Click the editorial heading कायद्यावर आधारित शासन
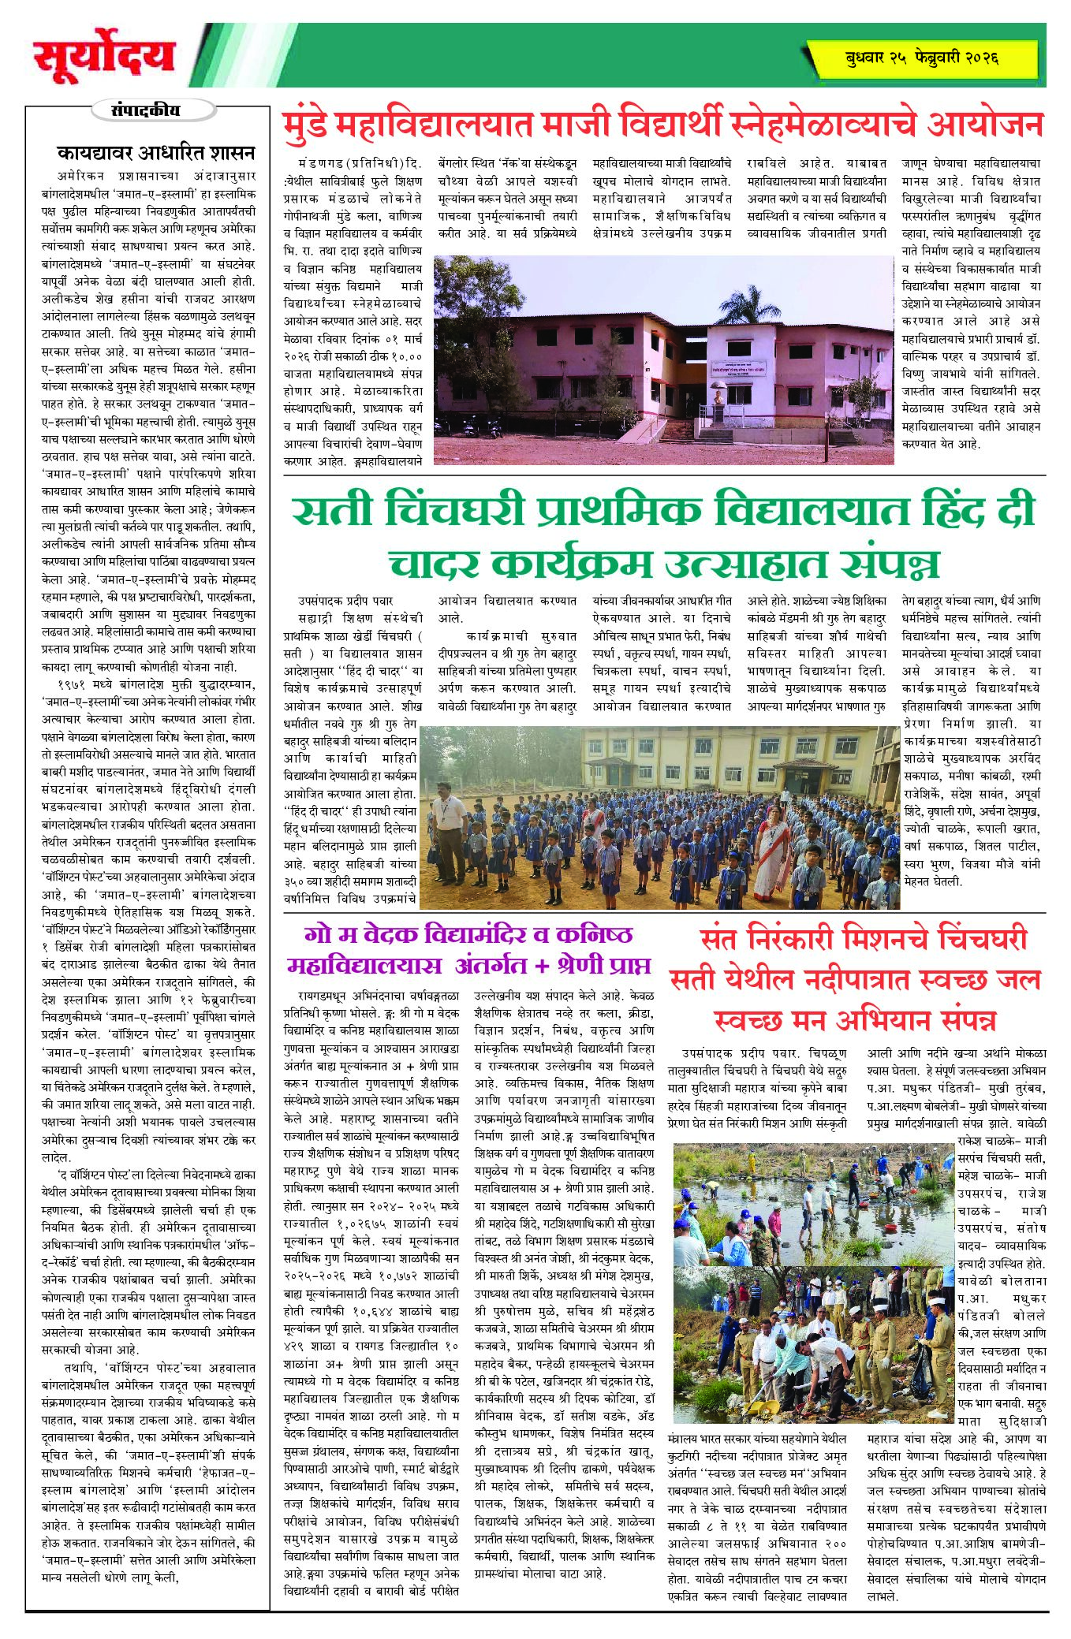155,151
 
